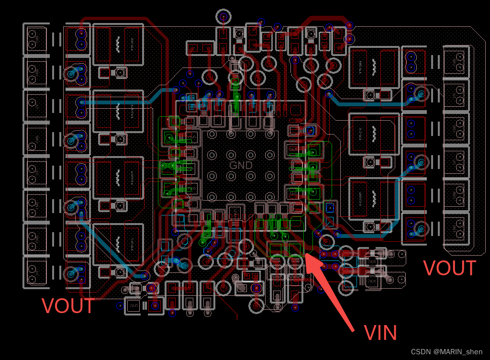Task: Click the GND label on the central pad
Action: [241, 165]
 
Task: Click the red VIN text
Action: [380, 333]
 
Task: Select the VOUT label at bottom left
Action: [68, 306]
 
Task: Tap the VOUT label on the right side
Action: [450, 268]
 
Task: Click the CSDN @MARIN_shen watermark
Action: [446, 352]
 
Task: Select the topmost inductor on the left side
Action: [118, 45]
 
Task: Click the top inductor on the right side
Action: [374, 67]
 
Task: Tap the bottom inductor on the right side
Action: [374, 197]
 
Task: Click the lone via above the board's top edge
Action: [223, 16]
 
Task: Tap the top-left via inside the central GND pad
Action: [211, 136]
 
